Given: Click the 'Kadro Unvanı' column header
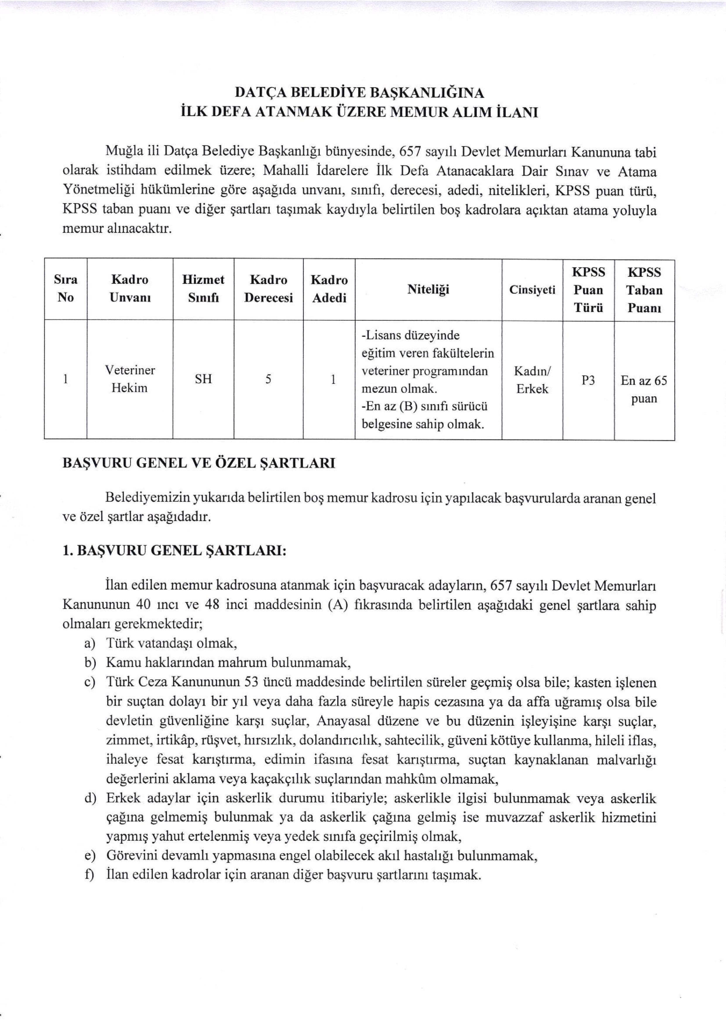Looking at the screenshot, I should coord(130,288).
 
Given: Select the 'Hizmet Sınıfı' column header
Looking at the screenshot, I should coord(203,288).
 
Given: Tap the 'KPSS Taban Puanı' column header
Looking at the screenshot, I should coord(644,290).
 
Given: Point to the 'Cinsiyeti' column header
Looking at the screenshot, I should coord(532,290).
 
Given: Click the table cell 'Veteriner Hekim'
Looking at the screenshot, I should coord(130,379).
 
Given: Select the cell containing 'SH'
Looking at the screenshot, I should coord(203,379).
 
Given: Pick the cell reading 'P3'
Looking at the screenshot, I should coord(588,380).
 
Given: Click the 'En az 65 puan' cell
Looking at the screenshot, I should coord(644,389).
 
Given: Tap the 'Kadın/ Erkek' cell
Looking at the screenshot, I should coord(532,380).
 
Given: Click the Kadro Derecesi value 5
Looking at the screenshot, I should coord(268,379).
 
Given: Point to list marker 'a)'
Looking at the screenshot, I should coord(90,644).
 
